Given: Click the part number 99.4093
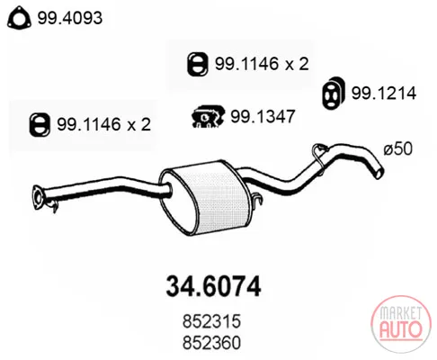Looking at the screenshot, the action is [70, 18].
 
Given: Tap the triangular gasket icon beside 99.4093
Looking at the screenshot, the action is [19, 18].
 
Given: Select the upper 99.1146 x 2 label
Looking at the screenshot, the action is [262, 64].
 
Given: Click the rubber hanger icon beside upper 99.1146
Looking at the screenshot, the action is [197, 64].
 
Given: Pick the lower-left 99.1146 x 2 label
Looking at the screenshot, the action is [104, 124].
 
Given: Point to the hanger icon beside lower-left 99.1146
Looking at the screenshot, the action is [40, 124].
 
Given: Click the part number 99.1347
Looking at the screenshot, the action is [263, 116].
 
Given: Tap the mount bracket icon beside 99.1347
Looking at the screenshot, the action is [208, 116].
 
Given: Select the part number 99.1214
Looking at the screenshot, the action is [384, 93].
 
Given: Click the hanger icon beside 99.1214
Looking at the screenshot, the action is [333, 93].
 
